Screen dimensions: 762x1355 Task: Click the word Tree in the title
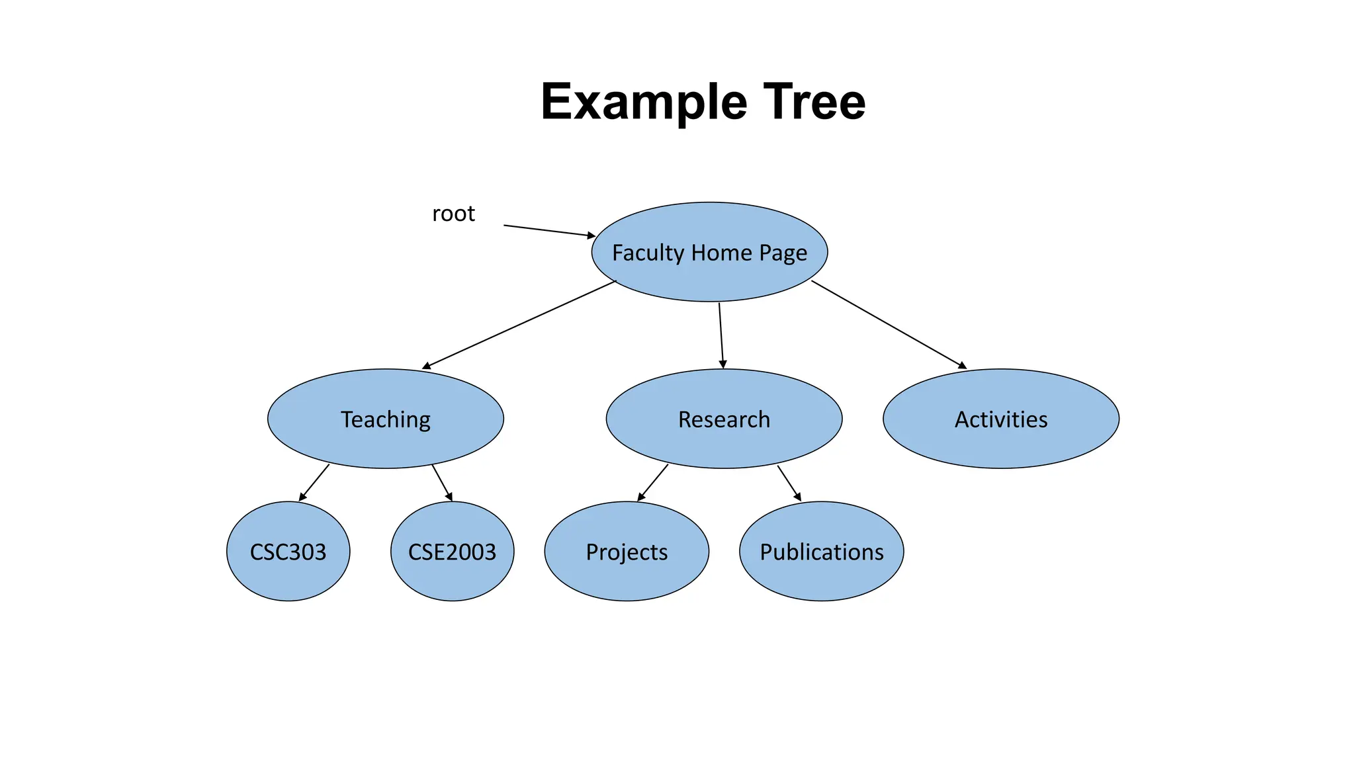point(814,103)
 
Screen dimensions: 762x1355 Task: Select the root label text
point(453,214)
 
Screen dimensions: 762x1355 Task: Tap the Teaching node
point(386,419)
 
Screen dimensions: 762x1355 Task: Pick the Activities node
point(1001,419)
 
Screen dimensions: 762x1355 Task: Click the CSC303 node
point(288,552)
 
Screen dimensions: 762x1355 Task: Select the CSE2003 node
point(452,552)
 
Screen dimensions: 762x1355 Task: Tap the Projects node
point(627,552)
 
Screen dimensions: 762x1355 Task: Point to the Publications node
point(821,552)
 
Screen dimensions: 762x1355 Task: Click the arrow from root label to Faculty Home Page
point(549,230)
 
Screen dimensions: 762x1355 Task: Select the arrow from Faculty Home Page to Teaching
point(519,325)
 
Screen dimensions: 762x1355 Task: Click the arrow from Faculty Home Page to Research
point(721,335)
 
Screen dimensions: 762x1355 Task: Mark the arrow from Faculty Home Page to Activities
point(889,324)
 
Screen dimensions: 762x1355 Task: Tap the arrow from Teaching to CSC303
point(314,482)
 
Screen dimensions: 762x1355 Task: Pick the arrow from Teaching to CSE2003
point(442,483)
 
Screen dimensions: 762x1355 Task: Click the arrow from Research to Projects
point(653,482)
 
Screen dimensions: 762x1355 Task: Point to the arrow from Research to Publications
point(789,483)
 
